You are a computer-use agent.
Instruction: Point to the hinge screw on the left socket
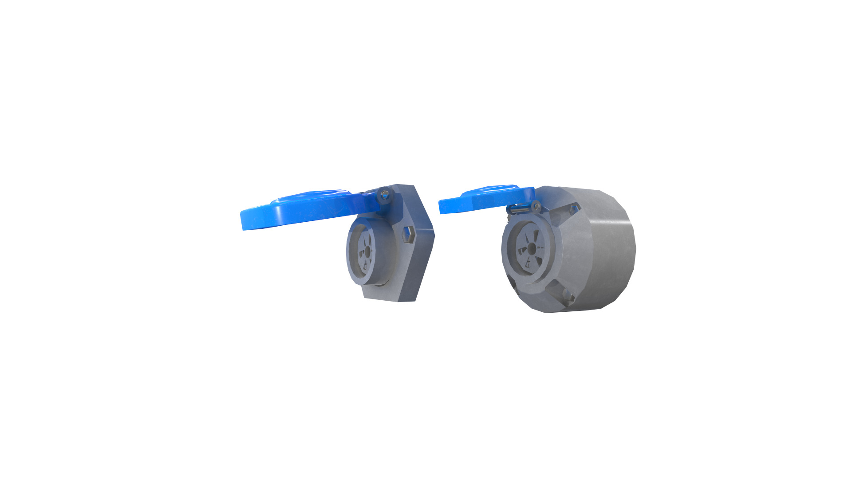385,194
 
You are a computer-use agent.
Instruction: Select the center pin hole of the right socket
531,249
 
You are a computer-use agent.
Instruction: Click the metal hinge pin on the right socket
519,208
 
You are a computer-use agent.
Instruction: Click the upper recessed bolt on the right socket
574,208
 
